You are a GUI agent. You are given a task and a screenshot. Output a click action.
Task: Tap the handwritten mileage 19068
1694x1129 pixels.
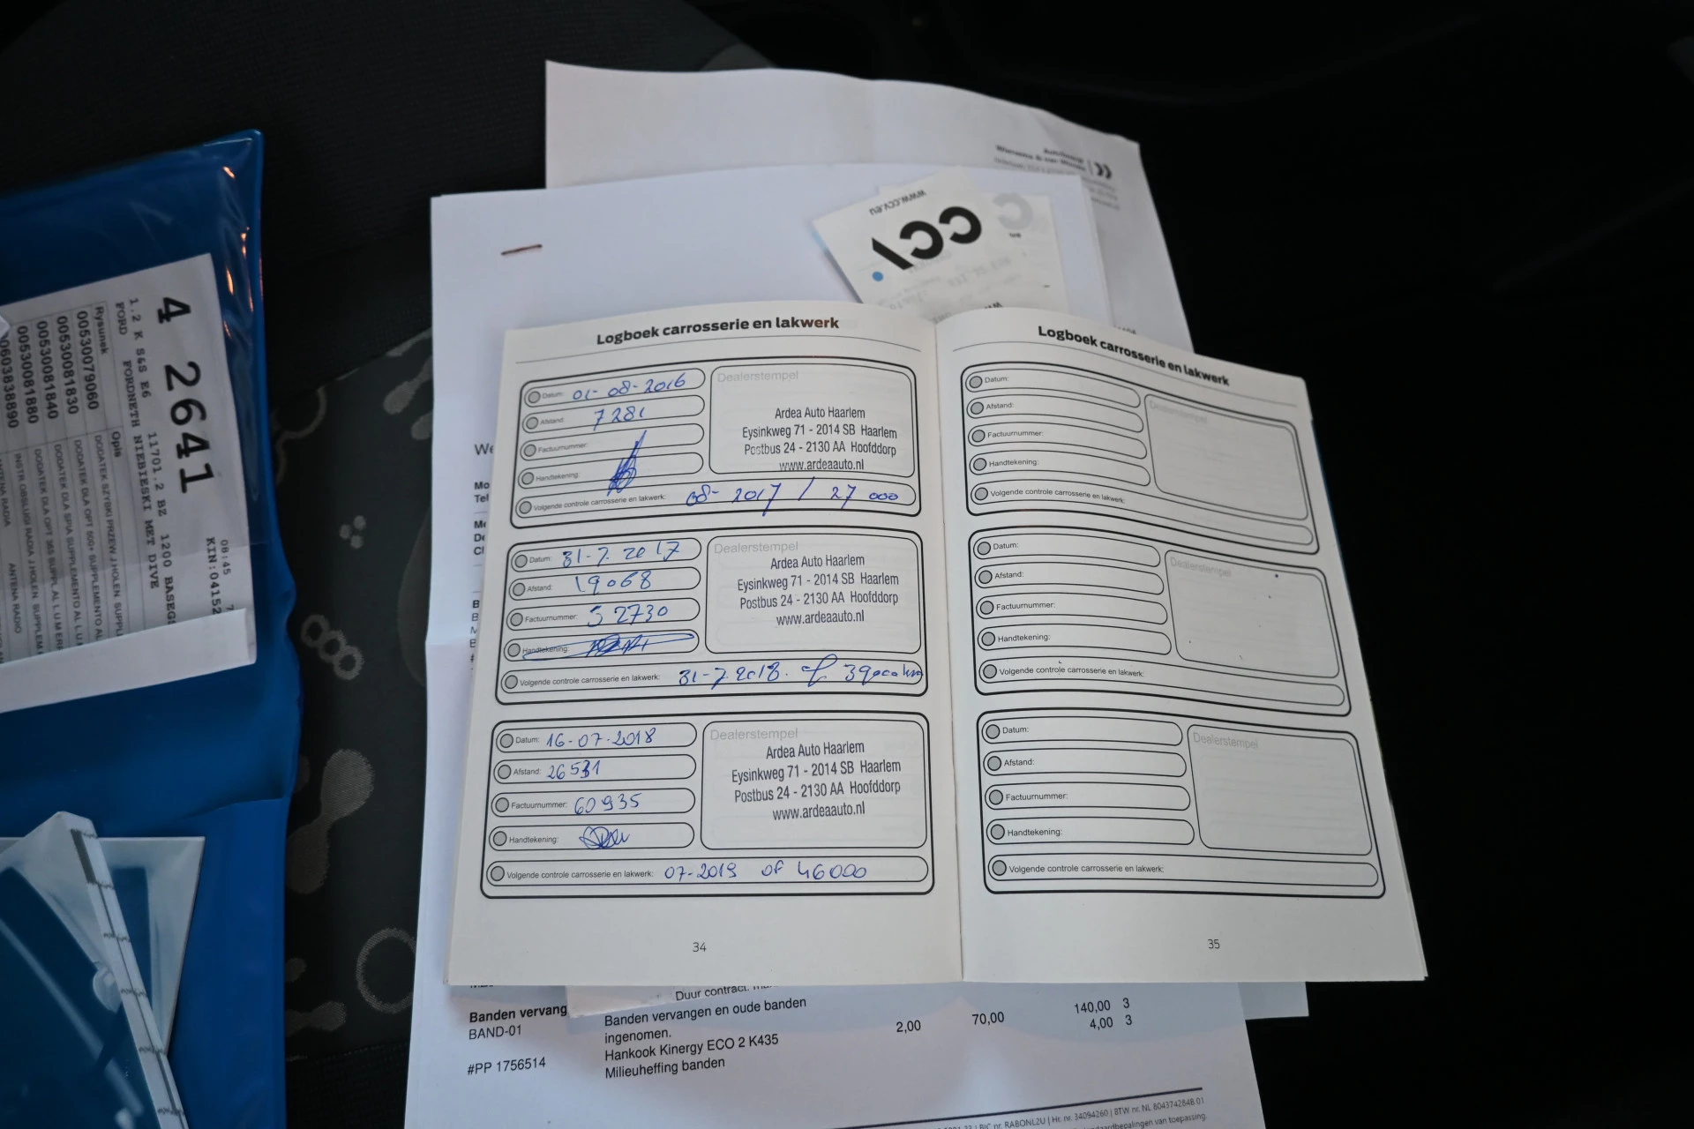click(613, 582)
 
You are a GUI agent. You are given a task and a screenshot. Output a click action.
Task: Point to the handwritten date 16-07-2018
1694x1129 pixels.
click(600, 739)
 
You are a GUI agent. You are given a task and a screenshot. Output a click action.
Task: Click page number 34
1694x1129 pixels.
click(699, 947)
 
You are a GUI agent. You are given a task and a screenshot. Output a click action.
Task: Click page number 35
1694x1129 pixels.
click(1213, 944)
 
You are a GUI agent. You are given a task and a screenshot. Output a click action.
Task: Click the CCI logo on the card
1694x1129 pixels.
click(926, 234)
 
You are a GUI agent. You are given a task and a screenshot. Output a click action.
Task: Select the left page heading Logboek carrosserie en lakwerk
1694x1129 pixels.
click(717, 330)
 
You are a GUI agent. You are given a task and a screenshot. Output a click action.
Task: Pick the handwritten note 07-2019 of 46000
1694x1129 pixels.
click(765, 871)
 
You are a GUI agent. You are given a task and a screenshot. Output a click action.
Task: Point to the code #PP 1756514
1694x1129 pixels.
click(506, 1065)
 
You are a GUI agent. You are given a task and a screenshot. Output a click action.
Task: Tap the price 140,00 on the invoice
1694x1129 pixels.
click(1092, 1006)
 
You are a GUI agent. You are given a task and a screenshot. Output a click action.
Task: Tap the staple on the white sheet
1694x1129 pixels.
click(521, 250)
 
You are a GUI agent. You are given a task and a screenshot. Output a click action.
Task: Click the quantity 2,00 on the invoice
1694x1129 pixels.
click(908, 1027)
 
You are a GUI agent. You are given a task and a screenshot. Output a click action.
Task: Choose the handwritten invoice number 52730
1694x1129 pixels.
click(627, 614)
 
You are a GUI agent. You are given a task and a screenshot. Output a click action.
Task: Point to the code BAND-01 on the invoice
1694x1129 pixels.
click(495, 1032)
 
